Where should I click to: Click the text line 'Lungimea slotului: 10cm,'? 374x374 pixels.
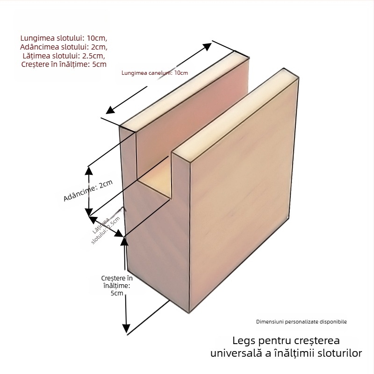tap(64, 38)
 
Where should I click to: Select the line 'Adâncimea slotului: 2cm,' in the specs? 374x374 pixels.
tap(64, 47)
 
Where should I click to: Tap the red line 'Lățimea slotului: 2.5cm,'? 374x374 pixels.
tap(64, 56)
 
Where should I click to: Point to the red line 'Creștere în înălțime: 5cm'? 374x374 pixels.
tap(64, 65)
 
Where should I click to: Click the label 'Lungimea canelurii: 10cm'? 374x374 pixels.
tap(154, 73)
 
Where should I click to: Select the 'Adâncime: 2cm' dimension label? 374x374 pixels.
tap(88, 191)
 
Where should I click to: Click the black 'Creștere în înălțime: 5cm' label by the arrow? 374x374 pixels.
tap(116, 286)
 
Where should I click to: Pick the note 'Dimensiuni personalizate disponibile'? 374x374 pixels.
tap(302, 322)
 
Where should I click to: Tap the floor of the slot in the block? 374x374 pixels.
tap(157, 184)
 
